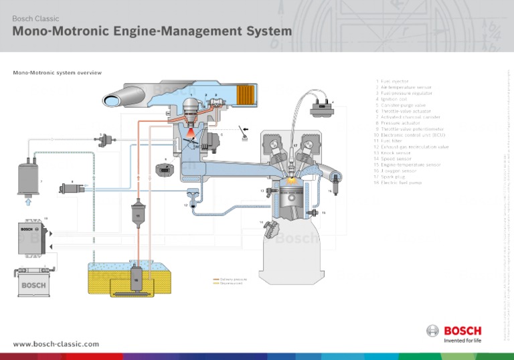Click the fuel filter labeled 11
click(137, 214)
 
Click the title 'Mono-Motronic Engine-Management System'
click(152, 31)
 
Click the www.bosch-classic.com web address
click(56, 343)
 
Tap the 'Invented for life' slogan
click(462, 340)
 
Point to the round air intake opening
click(113, 100)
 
